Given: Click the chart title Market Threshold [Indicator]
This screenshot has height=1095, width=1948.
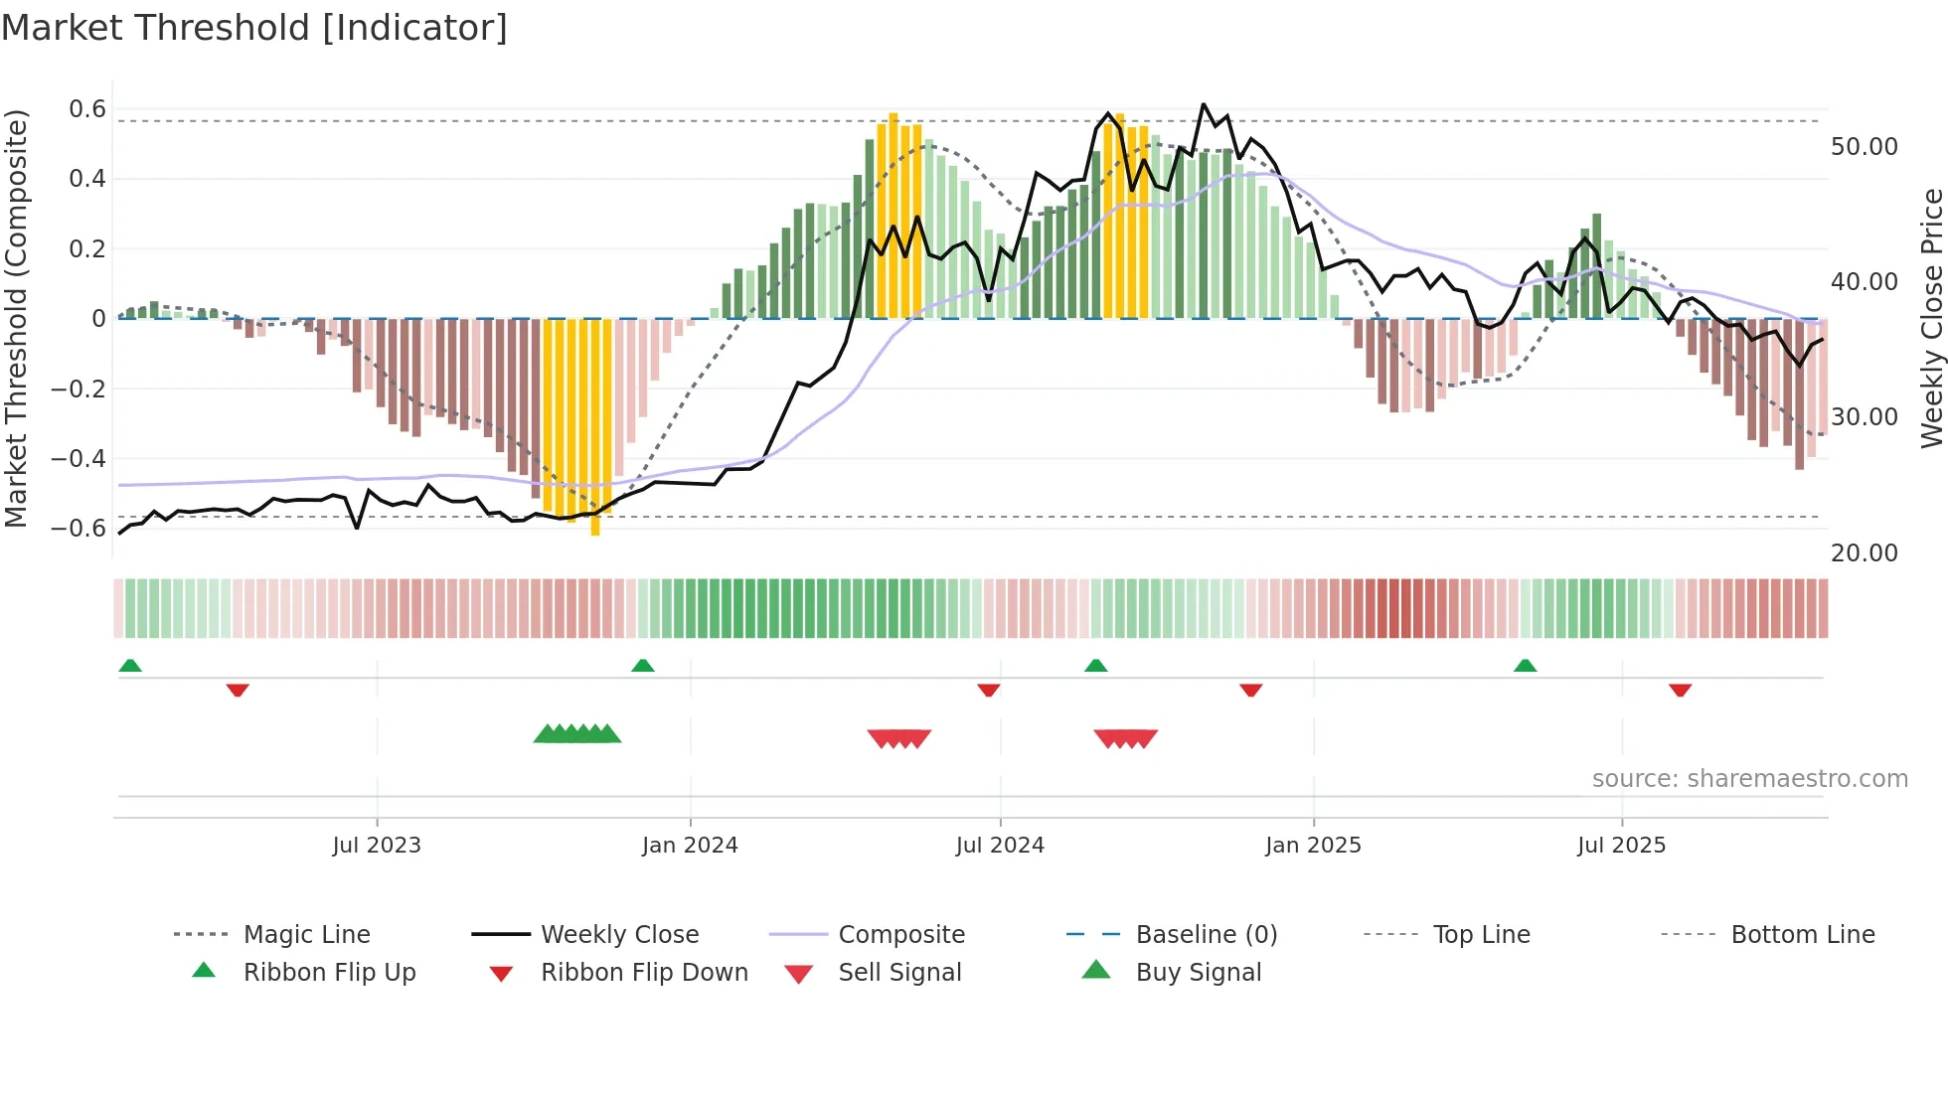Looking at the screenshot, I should click(254, 28).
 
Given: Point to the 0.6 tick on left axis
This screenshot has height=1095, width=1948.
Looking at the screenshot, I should click(86, 109).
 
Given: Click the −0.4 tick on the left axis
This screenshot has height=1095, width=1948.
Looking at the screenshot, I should click(78, 458).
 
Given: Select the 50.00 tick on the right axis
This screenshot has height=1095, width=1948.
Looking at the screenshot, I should click(1864, 147).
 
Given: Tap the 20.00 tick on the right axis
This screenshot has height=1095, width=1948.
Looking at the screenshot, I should click(1864, 553).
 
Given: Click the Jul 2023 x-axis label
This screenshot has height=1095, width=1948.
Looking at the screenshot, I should click(377, 846).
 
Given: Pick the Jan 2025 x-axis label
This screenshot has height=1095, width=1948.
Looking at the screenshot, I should click(1313, 846).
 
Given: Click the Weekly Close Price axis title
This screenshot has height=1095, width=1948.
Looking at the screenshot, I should click(1931, 318).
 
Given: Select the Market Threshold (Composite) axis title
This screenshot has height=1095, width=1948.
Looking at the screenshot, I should click(16, 318).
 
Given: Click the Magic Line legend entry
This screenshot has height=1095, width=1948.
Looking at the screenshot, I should click(306, 935).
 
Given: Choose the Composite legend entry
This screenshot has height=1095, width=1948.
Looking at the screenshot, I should click(900, 935).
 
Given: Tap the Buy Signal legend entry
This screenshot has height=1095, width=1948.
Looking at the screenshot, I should click(1198, 973).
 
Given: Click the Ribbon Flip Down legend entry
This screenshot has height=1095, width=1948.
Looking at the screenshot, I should click(643, 973).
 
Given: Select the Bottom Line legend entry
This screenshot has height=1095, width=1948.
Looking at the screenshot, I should click(1802, 935).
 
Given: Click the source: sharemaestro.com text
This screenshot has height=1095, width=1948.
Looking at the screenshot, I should click(1749, 779).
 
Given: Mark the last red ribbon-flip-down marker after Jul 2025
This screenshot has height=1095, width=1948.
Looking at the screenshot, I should click(1680, 690).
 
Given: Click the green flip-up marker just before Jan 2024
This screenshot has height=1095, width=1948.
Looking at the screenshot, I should click(643, 666).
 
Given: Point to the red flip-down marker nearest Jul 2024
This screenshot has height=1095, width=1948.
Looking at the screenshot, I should click(988, 690).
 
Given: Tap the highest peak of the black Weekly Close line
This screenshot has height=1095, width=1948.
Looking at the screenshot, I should click(1204, 104).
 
